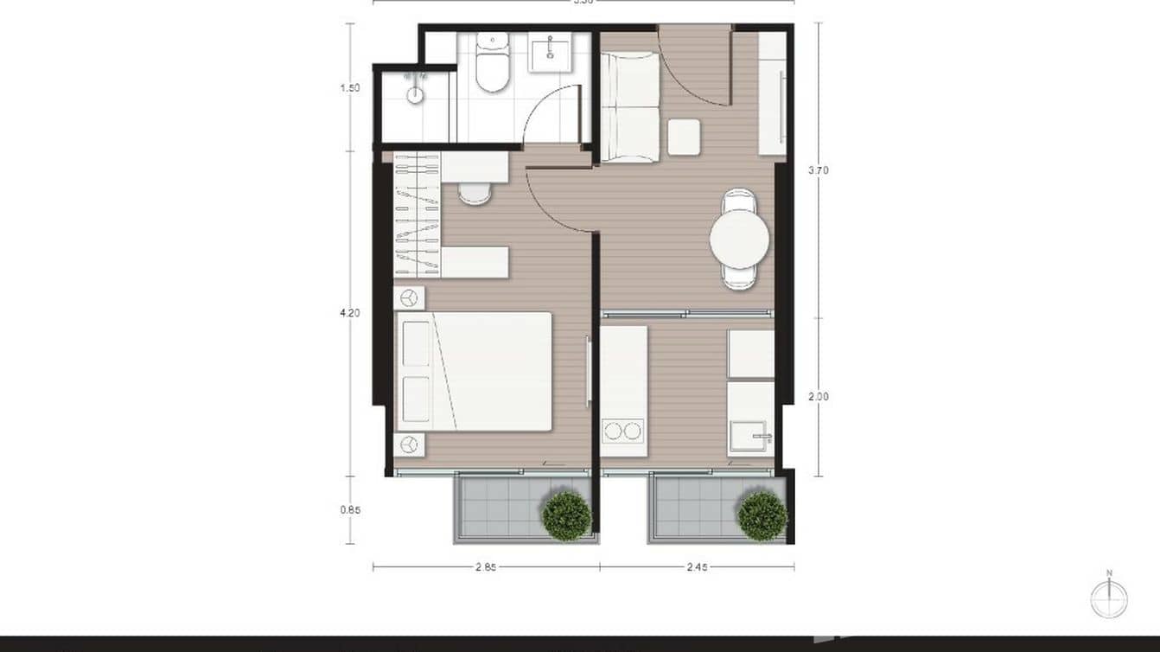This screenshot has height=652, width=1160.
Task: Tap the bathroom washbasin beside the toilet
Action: pyautogui.click(x=548, y=53)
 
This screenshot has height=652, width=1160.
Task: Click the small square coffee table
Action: pyautogui.click(x=684, y=137)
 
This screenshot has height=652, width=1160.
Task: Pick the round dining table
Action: pyautogui.click(x=739, y=240)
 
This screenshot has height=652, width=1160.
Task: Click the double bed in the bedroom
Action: pyautogui.click(x=475, y=371)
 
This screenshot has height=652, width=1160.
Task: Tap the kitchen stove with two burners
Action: pyautogui.click(x=623, y=430)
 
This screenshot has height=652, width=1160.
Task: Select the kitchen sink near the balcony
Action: pyautogui.click(x=749, y=436)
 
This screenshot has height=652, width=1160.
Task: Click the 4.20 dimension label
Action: pyautogui.click(x=350, y=313)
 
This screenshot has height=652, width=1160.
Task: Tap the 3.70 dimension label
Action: pyautogui.click(x=818, y=170)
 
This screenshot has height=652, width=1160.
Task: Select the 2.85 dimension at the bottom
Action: pyautogui.click(x=486, y=567)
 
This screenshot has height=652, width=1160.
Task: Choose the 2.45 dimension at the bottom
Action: pyautogui.click(x=698, y=567)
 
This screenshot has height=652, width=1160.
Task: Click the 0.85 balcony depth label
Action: pyautogui.click(x=350, y=510)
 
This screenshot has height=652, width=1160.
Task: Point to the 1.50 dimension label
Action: pyautogui.click(x=350, y=87)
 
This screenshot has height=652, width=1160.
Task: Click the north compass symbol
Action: pyautogui.click(x=1109, y=598)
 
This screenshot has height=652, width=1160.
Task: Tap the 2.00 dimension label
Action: pyautogui.click(x=818, y=397)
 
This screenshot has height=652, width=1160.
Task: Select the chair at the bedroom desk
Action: pyautogui.click(x=474, y=192)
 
